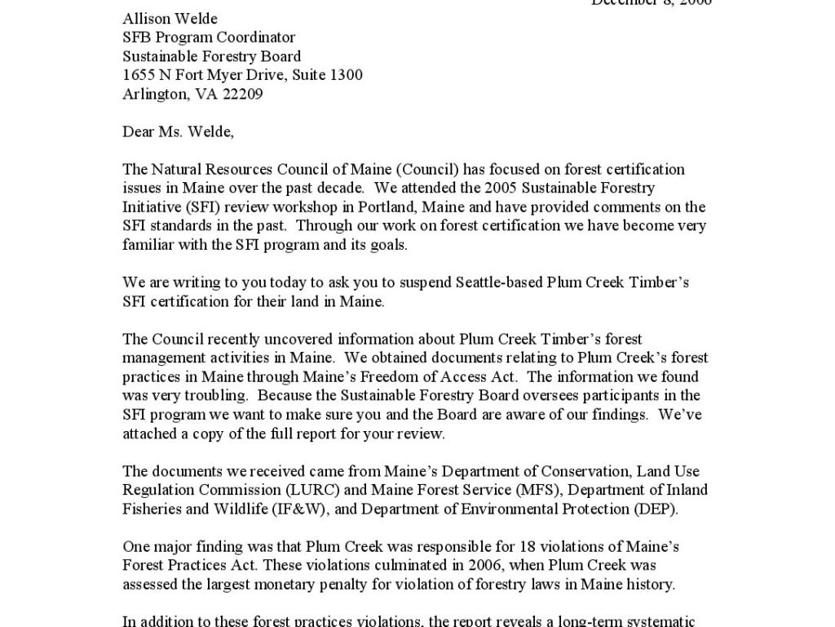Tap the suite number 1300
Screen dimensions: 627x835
tap(346, 75)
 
